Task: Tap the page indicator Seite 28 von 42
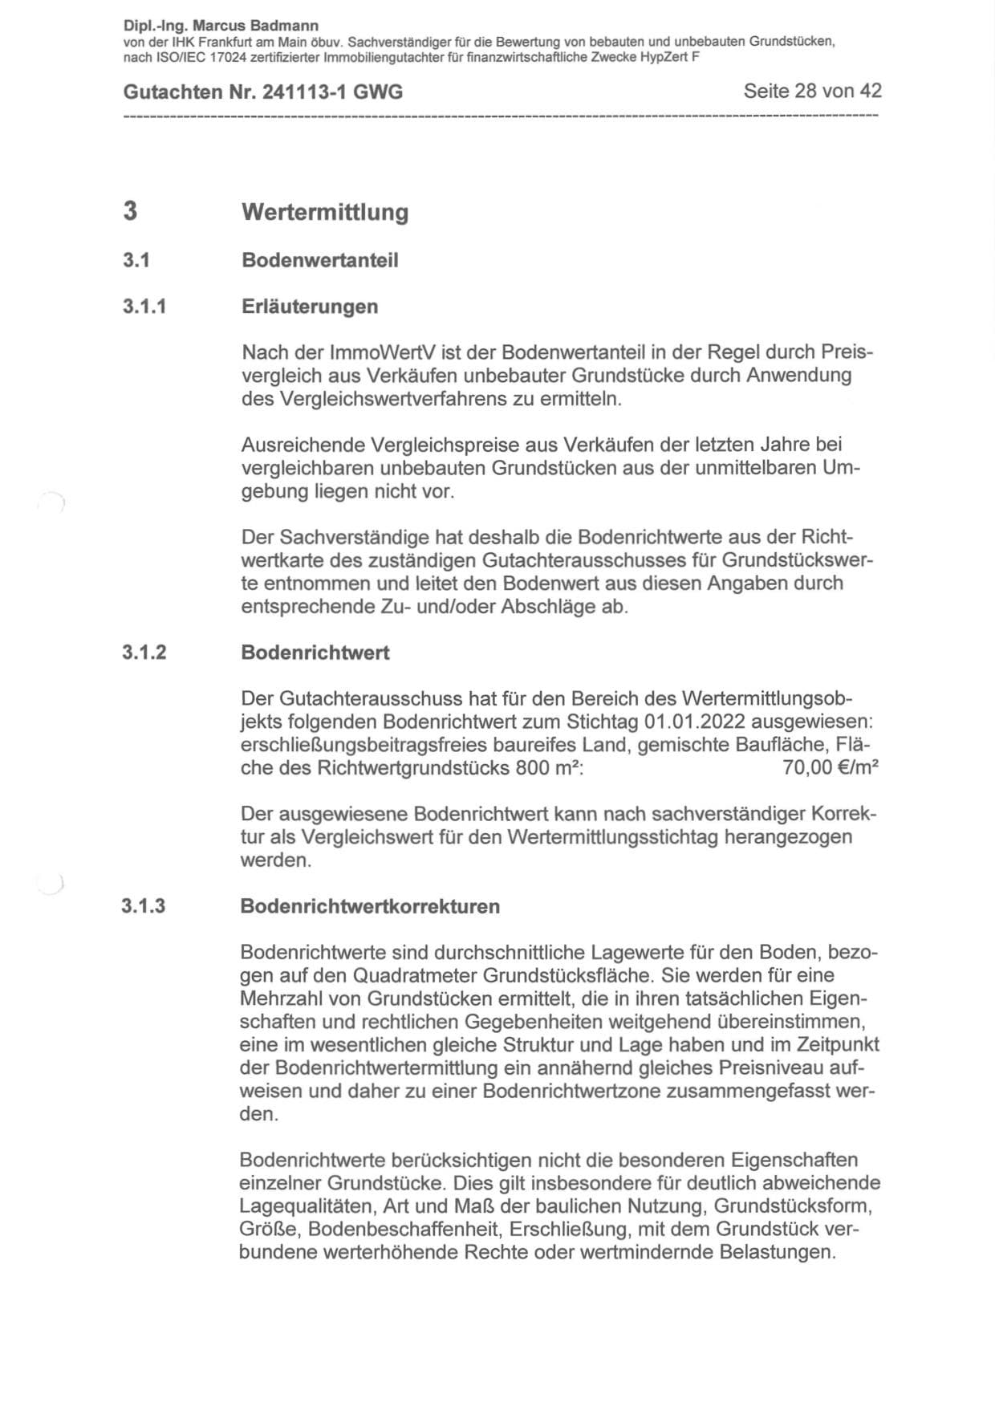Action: (x=812, y=91)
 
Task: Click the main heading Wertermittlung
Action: (x=325, y=213)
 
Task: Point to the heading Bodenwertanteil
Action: (x=319, y=261)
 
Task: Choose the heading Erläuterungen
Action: (x=309, y=307)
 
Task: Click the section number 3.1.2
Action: (x=144, y=653)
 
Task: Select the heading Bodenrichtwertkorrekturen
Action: (x=370, y=907)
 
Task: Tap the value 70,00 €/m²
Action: (x=831, y=768)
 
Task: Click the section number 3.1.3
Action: (x=144, y=907)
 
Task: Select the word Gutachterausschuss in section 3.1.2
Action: (x=362, y=698)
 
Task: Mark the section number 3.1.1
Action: (x=144, y=307)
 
